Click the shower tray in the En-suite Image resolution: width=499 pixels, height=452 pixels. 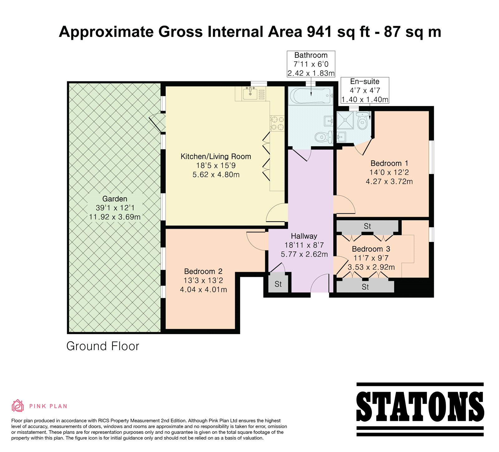point(346,120)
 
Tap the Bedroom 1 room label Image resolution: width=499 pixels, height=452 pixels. point(389,163)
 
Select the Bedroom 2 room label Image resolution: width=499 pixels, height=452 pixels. point(203,272)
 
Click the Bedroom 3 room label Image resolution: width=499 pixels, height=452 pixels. point(371,249)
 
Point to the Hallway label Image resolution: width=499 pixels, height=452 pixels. point(304,236)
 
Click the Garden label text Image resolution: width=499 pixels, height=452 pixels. point(115,199)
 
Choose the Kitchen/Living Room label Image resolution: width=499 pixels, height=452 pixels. point(216,156)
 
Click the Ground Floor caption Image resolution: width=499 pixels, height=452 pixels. point(103,346)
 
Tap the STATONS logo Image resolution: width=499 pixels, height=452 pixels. point(420,409)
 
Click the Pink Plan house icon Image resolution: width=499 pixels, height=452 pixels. point(18,406)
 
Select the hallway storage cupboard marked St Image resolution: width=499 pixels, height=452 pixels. point(278,283)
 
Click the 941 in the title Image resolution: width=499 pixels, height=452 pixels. point(319,32)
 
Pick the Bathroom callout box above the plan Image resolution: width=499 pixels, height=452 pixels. point(311,64)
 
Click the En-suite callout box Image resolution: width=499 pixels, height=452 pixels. point(365,90)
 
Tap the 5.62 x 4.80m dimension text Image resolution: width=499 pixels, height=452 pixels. point(216,175)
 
